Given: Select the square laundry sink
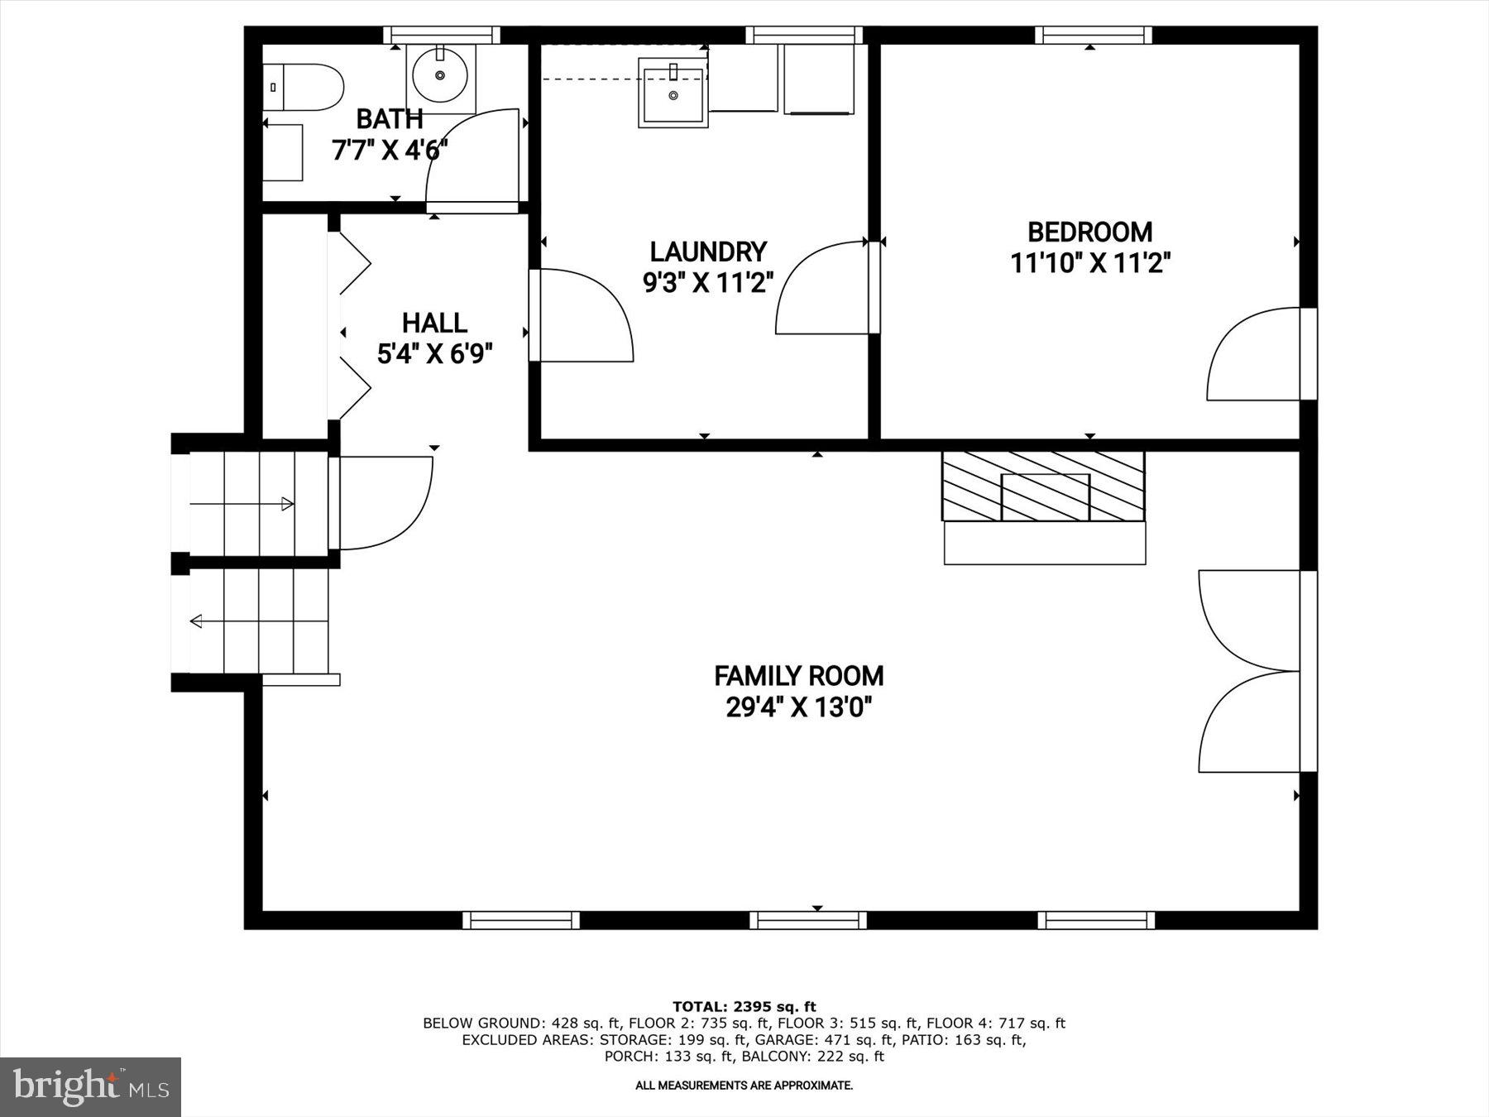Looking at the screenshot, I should click(x=673, y=93).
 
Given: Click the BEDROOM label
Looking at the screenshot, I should click(x=1089, y=232).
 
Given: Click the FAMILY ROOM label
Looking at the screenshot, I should click(x=798, y=676).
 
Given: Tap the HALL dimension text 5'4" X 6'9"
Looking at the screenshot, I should click(x=435, y=354).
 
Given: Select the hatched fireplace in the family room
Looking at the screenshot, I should click(x=1043, y=487).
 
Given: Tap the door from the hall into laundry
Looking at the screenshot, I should click(x=581, y=316).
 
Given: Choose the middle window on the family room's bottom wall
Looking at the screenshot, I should click(x=808, y=920).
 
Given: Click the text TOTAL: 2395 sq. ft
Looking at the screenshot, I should click(x=744, y=1007).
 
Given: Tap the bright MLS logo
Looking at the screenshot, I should click(x=90, y=1086).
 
